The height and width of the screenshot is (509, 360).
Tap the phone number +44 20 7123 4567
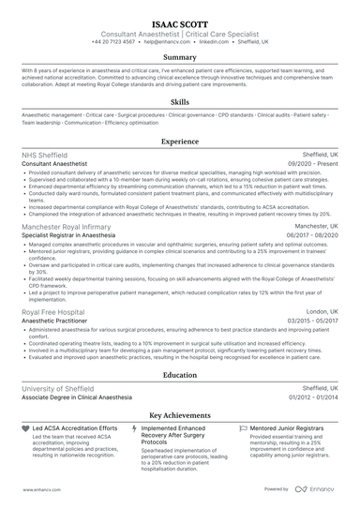click(113, 42)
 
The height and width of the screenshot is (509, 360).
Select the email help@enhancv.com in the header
click(169, 42)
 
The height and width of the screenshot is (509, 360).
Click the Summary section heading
click(180, 57)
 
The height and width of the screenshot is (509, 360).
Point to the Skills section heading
click(180, 100)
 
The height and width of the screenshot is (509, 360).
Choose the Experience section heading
click(180, 141)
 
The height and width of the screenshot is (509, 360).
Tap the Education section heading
click(180, 374)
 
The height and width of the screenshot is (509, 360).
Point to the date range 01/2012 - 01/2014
click(311, 397)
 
